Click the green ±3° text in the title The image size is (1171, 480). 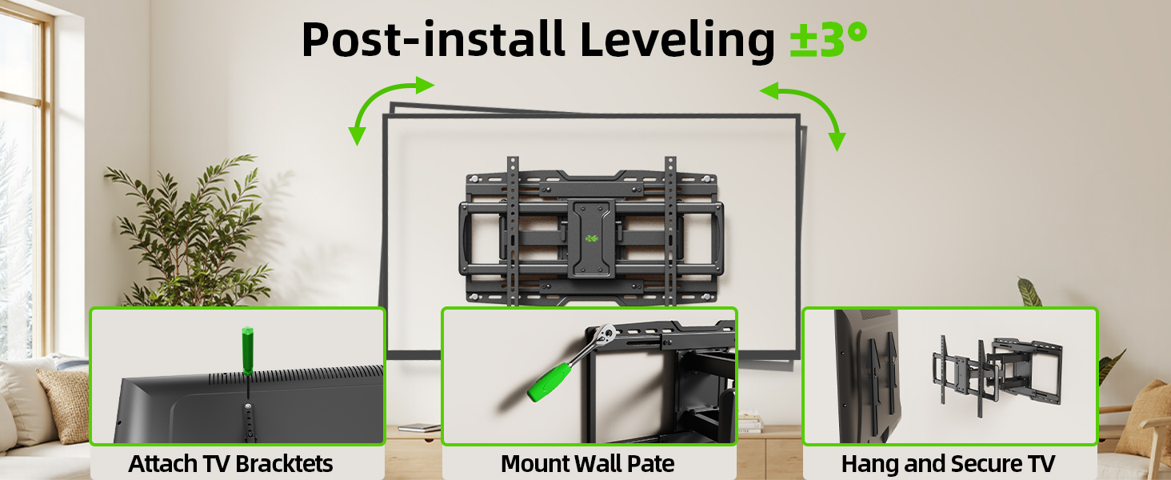pyautogui.click(x=828, y=40)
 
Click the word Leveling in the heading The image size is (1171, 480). pyautogui.click(x=677, y=40)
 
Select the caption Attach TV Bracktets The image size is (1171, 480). pyautogui.click(x=230, y=463)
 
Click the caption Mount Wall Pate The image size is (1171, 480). pyautogui.click(x=588, y=463)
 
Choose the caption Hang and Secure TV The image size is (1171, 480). pyautogui.click(x=948, y=463)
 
